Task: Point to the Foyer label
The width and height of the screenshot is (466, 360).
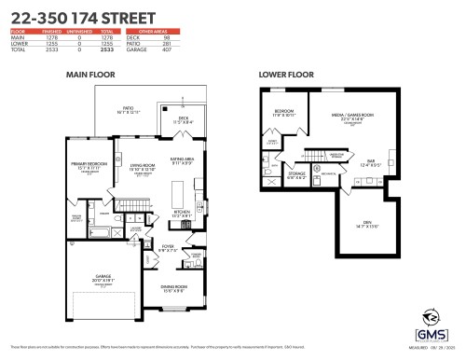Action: pos(168,248)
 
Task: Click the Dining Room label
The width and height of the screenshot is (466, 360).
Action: pos(169,287)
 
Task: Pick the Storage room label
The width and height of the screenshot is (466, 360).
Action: pos(296,173)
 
